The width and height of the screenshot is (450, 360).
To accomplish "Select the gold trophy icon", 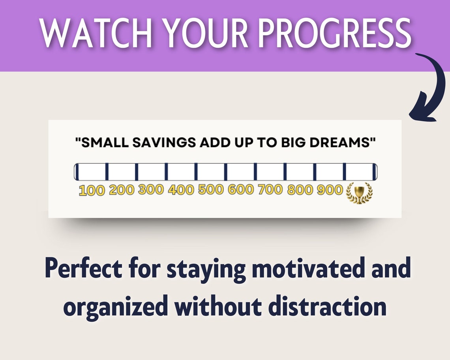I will coord(359,193).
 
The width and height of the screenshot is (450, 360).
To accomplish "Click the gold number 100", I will coord(92,190).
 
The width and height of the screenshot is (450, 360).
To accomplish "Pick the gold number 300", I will coord(151,189).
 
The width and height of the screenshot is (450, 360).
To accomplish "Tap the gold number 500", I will coord(211,189).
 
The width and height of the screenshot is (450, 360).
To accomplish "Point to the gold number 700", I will coord(270,189).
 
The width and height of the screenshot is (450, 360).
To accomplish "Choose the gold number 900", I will coord(330,190).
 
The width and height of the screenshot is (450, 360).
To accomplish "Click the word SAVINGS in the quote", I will coord(163,143).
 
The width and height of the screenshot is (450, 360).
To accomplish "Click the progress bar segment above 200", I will coord(122,172).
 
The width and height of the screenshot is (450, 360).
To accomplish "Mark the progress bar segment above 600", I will coord(240,172).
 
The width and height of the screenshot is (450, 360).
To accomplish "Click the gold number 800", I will coord(300,190).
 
